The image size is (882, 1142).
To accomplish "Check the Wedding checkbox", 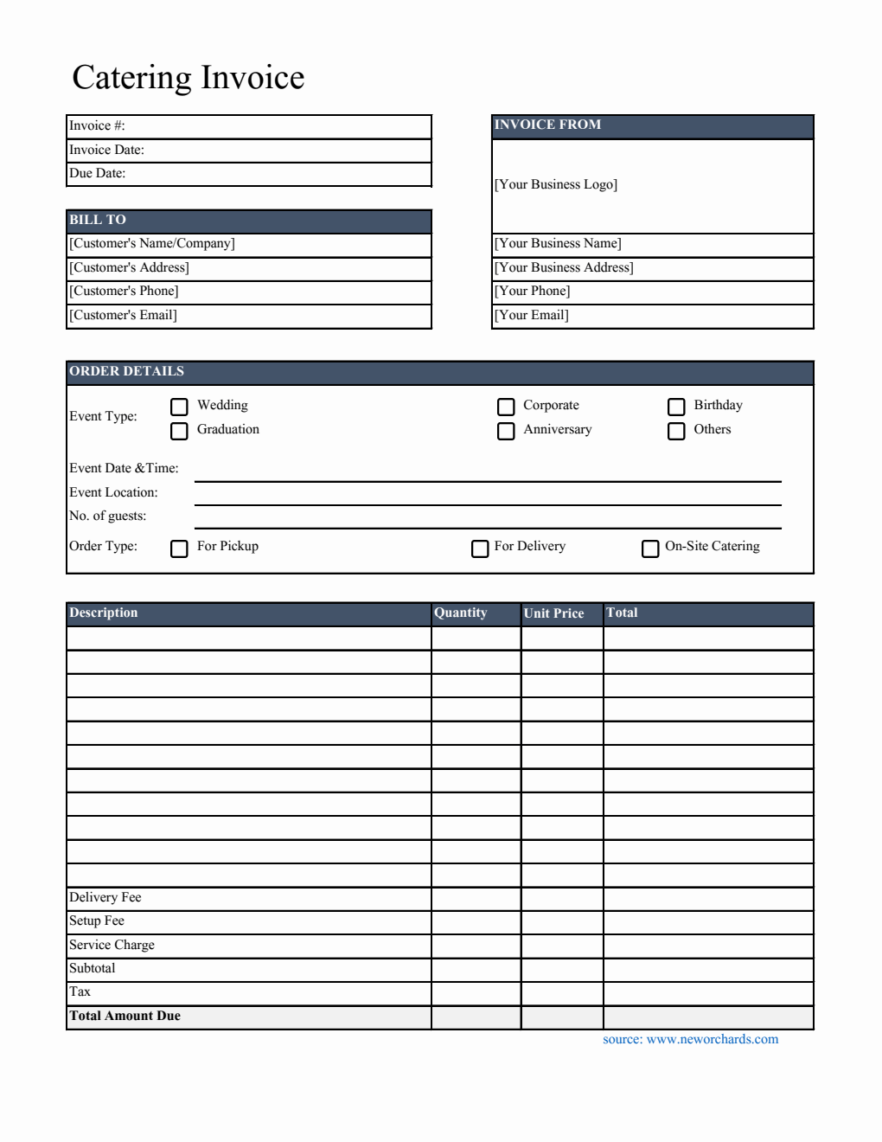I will (x=179, y=407).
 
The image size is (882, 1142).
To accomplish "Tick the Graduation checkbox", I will (x=179, y=431).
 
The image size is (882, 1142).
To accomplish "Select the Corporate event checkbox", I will (x=506, y=407).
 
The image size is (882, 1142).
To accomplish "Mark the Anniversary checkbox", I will (x=506, y=431).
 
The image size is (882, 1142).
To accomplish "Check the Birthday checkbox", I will (x=676, y=407).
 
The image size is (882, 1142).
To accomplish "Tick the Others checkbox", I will (x=676, y=431).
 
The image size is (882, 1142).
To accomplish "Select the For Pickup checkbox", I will (x=179, y=549).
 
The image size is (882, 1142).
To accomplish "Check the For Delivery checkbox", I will (x=480, y=549).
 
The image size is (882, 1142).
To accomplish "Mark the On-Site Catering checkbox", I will (x=650, y=549).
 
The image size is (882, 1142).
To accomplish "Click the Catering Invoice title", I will (x=189, y=78).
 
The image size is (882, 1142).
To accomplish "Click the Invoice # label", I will (x=97, y=126).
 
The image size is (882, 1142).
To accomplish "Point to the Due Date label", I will (x=98, y=174).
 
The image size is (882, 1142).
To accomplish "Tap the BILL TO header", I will (x=98, y=221).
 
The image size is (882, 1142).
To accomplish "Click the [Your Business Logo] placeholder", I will (x=556, y=185).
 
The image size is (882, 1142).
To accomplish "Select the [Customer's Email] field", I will (x=124, y=316).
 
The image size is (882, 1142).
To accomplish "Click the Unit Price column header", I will (x=554, y=613).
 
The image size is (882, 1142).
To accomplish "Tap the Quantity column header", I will (x=461, y=613).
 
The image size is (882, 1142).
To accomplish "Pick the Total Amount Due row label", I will (x=125, y=1017).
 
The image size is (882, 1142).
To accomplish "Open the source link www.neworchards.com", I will (x=712, y=1040).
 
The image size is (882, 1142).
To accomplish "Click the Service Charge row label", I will (x=112, y=946).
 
